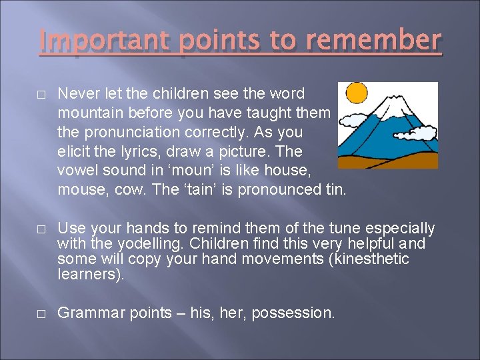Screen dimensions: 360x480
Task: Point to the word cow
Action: point(131,189)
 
